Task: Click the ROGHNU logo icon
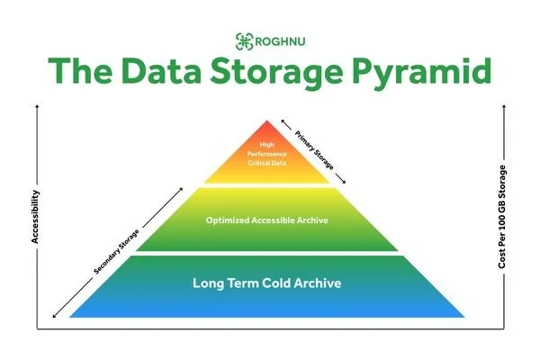[x=243, y=40]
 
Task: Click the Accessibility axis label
[x=37, y=215]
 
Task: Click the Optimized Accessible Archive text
[x=267, y=219]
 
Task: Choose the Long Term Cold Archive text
[x=267, y=283]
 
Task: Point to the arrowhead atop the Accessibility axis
[x=37, y=112]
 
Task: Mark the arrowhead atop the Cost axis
[x=503, y=112]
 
